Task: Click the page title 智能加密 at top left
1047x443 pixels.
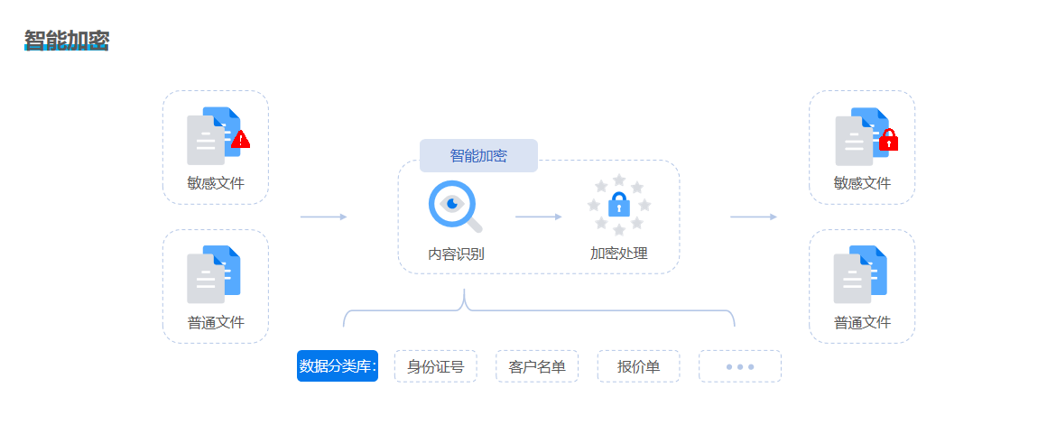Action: [67, 41]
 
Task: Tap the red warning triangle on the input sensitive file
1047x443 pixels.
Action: [240, 140]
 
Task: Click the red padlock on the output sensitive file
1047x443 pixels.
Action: [889, 141]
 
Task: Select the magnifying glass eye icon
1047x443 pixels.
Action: [453, 206]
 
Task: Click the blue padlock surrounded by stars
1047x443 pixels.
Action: [618, 205]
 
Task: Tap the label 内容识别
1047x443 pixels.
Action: [456, 254]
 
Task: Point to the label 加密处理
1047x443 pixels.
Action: [618, 254]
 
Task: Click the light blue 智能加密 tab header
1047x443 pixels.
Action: [478, 155]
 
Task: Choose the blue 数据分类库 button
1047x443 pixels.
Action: [338, 366]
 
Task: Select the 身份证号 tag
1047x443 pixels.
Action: [435, 366]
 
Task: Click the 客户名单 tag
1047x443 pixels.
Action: [537, 366]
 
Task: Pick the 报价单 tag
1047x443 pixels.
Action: [638, 366]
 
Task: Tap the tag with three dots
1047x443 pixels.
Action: [739, 366]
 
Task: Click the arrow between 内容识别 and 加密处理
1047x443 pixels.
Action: [538, 217]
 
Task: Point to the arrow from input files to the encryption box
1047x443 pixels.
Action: [323, 217]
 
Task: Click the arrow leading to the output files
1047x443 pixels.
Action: [753, 217]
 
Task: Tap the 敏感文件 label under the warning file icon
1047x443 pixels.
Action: [216, 183]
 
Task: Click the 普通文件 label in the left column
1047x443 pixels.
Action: [216, 322]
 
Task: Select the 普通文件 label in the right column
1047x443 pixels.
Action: [862, 322]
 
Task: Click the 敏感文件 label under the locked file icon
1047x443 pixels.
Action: [862, 183]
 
